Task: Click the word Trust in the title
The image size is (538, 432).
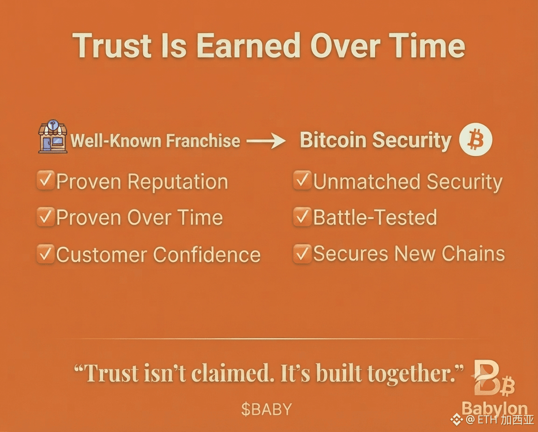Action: click(112, 45)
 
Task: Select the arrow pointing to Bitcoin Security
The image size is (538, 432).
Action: click(266, 141)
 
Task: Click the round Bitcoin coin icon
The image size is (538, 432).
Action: click(475, 140)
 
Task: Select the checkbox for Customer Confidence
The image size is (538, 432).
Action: click(46, 254)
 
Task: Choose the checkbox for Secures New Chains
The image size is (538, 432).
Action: click(302, 254)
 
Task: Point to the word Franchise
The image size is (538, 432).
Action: click(203, 141)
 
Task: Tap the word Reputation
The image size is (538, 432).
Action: click(178, 182)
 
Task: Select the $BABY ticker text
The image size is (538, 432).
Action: click(267, 410)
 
